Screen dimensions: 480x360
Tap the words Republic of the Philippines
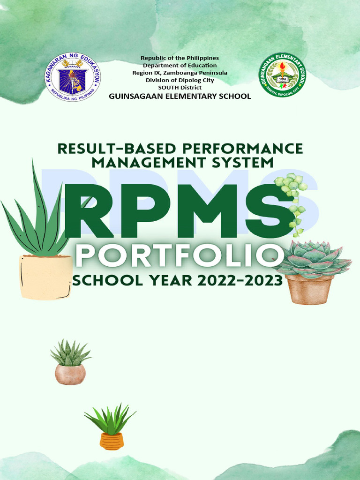(180, 58)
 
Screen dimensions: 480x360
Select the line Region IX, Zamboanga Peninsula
(180, 73)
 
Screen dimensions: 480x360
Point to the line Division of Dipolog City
(180, 80)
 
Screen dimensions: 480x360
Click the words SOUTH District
(180, 88)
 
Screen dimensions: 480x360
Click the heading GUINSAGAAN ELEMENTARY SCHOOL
(180, 96)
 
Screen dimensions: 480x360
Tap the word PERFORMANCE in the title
(242, 149)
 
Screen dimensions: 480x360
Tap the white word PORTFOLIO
(180, 257)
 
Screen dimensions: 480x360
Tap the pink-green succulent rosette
(312, 260)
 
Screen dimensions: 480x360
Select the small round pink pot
(70, 375)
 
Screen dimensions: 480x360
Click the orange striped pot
(112, 441)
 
